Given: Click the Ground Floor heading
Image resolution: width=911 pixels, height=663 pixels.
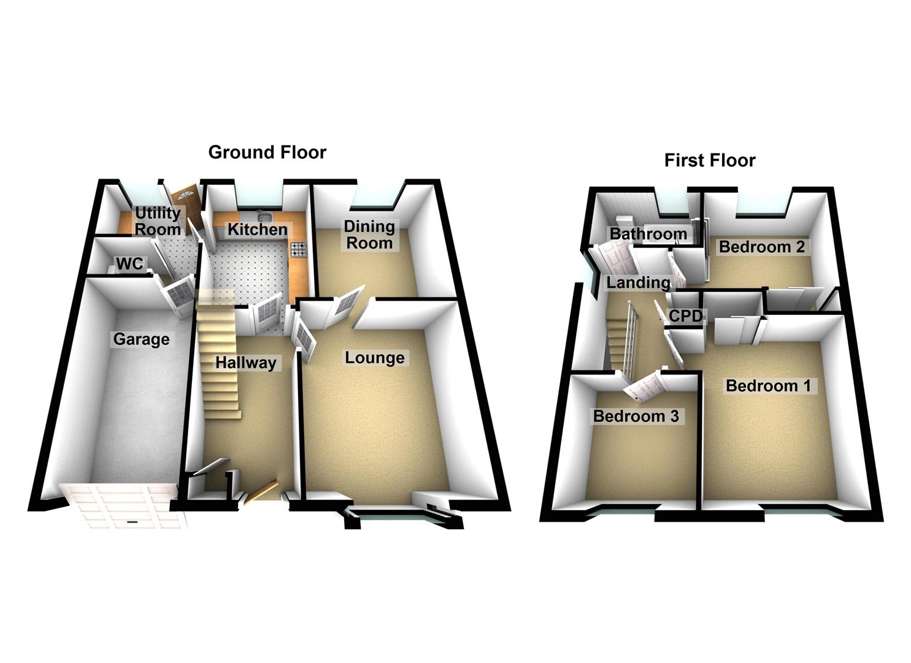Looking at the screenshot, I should tap(267, 152).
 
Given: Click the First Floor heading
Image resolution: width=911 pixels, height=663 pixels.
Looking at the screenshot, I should tap(709, 160).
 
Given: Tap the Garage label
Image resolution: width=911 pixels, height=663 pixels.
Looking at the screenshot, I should tap(141, 339).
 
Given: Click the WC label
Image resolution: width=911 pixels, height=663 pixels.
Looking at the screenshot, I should tap(129, 264).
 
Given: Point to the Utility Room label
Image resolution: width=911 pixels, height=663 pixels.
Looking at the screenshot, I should tap(158, 222).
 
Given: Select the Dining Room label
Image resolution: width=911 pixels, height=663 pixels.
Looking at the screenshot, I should tap(369, 235).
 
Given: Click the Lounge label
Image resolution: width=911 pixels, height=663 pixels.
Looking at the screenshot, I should tap(374, 358).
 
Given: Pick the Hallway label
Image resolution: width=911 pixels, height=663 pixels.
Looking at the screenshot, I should tap(245, 363).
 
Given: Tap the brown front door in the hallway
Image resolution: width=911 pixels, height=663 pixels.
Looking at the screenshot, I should tap(261, 490).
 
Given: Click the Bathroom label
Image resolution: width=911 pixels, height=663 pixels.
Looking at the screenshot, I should tap(648, 234).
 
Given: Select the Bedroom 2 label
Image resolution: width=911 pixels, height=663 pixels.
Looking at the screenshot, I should tap(761, 247).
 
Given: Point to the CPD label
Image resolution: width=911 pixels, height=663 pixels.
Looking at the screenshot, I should tap(685, 316).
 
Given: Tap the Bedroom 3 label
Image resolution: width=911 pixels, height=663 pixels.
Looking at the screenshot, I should tap(636, 416).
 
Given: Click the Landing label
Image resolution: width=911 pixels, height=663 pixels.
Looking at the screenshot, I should tap(638, 282).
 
